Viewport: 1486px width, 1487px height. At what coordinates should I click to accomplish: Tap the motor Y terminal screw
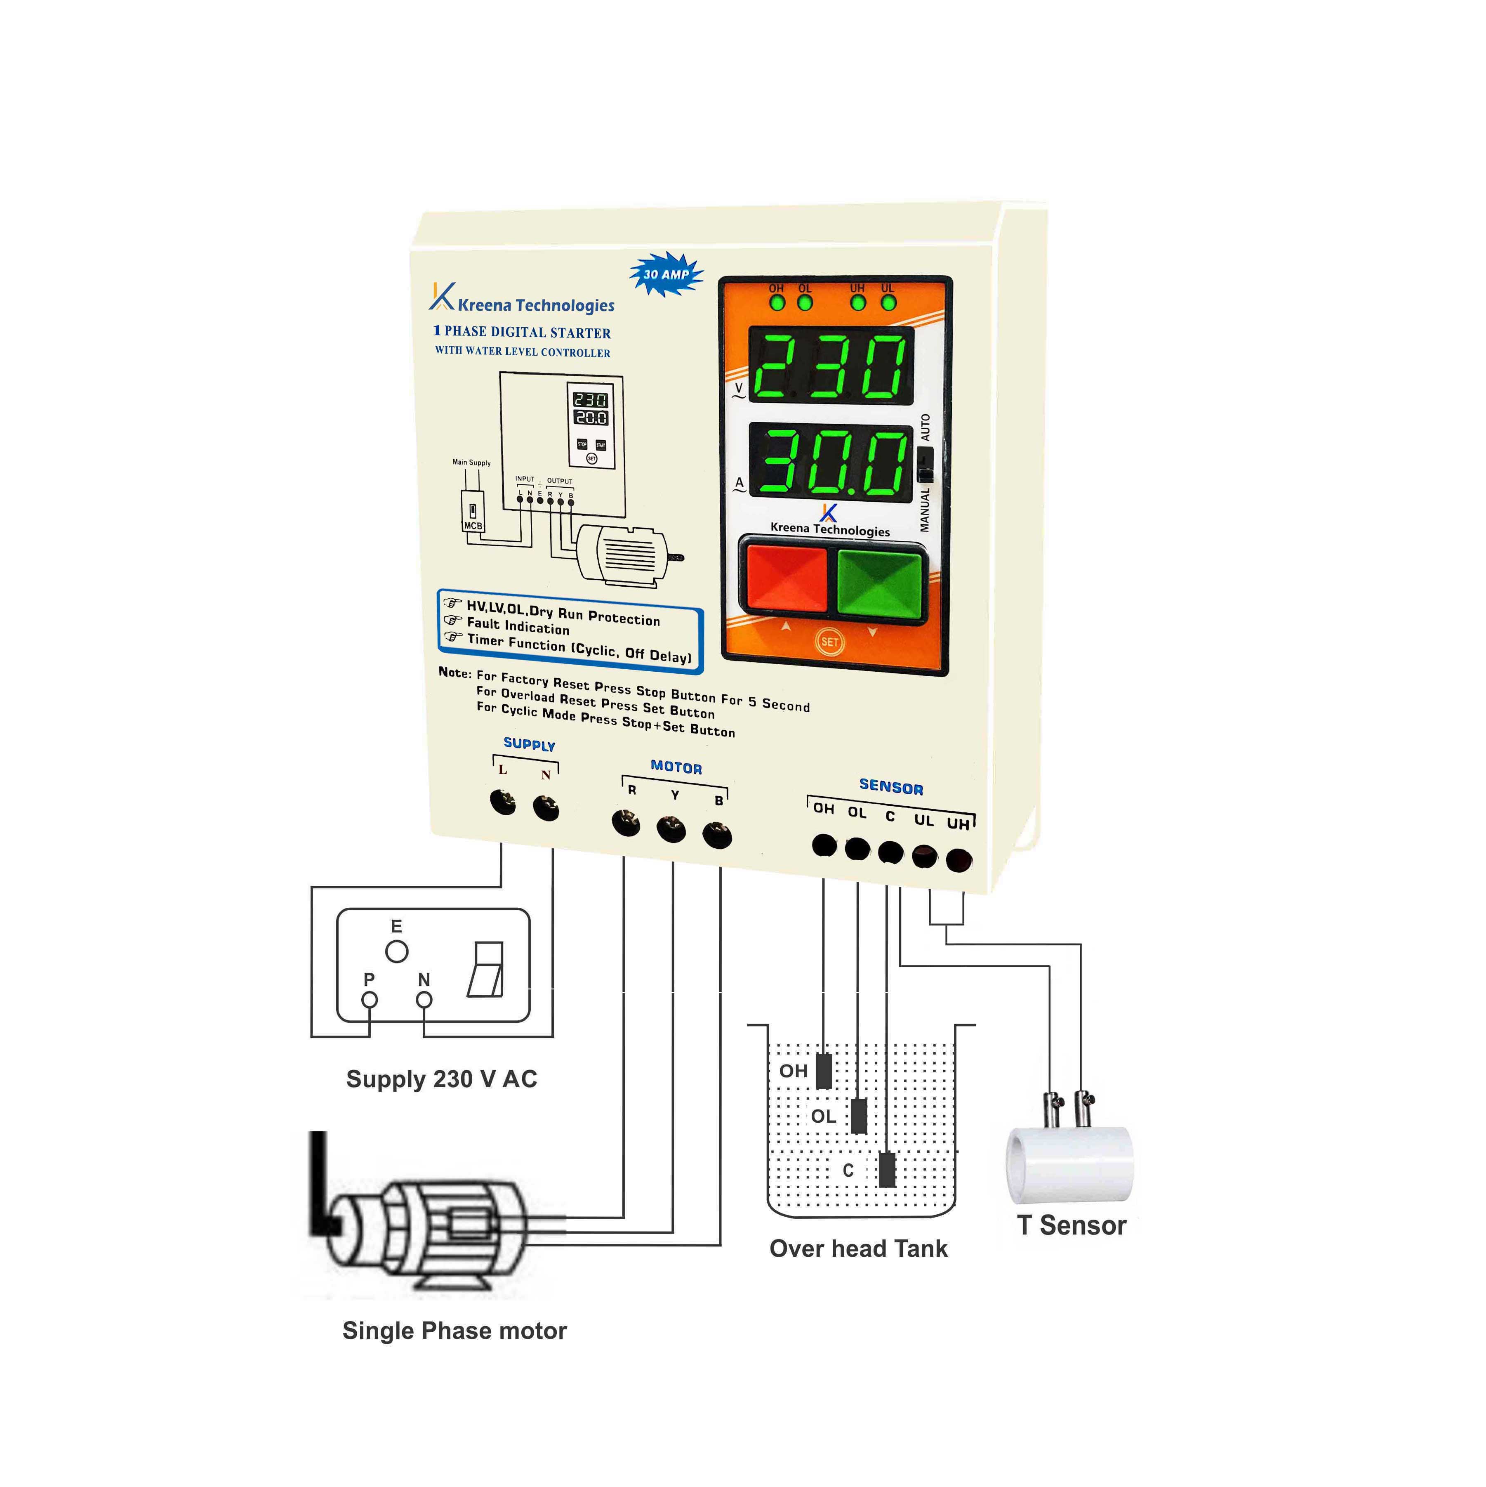[x=671, y=829]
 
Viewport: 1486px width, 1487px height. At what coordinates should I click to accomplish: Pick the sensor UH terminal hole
[x=958, y=861]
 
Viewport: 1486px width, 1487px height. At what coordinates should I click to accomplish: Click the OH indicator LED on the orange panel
[x=777, y=302]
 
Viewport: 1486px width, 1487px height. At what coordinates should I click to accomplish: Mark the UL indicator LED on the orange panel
[x=889, y=302]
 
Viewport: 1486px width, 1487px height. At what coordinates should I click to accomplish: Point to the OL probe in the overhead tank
[x=859, y=1115]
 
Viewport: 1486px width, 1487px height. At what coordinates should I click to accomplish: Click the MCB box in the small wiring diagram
[x=473, y=511]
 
